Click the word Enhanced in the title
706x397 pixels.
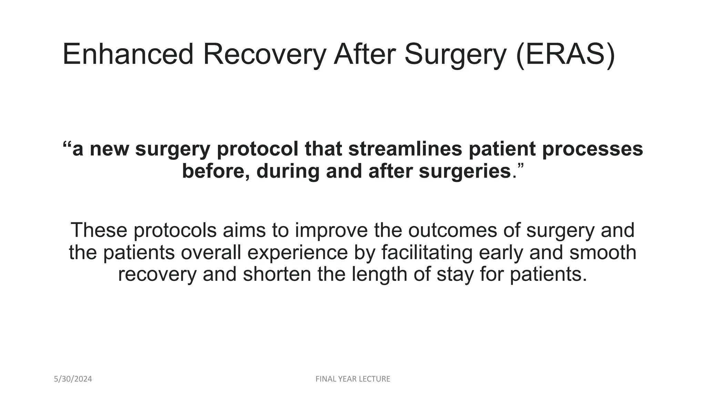coord(128,54)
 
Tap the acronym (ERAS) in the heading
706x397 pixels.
coord(565,54)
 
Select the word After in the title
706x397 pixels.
coord(364,54)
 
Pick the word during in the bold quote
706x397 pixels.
coord(288,171)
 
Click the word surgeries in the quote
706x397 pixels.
coord(465,171)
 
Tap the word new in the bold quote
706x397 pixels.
coord(109,149)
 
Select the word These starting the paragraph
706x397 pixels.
coord(99,230)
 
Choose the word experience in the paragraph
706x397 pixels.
coord(297,252)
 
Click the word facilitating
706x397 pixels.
coord(427,252)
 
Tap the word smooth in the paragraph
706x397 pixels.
coord(603,252)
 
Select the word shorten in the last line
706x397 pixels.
coord(277,274)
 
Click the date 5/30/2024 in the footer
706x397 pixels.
coord(73,379)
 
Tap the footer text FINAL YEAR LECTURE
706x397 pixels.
coord(353,379)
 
